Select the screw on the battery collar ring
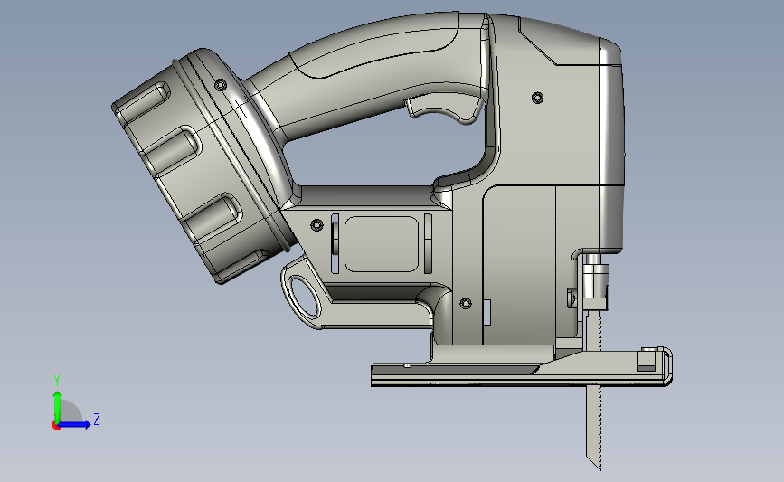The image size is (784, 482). click(221, 85)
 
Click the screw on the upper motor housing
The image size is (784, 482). click(537, 98)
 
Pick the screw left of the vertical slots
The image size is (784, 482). click(316, 225)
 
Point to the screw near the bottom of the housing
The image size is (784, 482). click(466, 303)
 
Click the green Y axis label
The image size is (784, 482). click(57, 381)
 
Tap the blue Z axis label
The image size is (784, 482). click(97, 419)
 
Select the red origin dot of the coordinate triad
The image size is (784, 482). click(56, 425)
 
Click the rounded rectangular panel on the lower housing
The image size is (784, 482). click(382, 244)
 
